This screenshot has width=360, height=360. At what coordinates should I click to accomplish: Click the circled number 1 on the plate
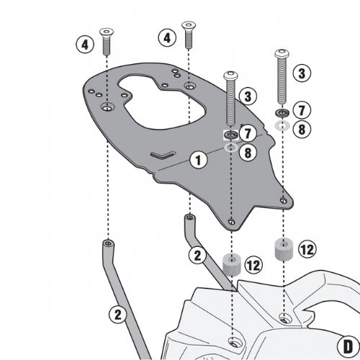198,161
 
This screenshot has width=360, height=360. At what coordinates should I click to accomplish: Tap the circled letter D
348,346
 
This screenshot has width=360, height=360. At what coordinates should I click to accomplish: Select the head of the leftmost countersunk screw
107,32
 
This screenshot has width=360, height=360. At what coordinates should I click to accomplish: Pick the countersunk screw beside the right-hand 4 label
189,35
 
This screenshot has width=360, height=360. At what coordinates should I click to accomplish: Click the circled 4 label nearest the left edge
85,45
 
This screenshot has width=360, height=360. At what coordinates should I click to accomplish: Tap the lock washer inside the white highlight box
231,135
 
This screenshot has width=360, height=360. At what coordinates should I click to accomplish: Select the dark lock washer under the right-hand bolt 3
282,112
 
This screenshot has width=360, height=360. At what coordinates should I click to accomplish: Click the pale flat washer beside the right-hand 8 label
282,125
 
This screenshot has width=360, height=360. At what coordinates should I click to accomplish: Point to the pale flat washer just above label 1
231,148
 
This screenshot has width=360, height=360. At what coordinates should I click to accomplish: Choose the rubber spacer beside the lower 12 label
232,264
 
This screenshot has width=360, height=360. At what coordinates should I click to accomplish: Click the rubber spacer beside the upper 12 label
284,249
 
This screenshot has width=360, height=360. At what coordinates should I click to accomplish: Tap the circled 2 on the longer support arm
117,314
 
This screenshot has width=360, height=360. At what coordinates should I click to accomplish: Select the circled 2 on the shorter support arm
197,256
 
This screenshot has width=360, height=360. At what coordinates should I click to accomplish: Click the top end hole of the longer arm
108,243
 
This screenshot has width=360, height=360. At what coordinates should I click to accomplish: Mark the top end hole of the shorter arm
190,218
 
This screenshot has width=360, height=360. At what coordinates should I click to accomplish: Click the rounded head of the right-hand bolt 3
282,53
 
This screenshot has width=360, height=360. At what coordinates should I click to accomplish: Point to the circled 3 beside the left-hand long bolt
248,96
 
